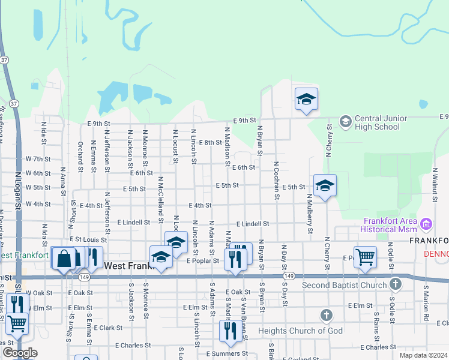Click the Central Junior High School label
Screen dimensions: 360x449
pos(377,122)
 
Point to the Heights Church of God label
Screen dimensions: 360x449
pos(291,331)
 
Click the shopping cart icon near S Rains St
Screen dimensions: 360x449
pos(365,257)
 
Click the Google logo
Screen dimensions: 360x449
pos(20,353)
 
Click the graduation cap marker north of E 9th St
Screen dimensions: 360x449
pos(306,99)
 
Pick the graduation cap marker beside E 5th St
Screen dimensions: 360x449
pos(325,185)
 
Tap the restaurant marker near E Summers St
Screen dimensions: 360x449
pos(231,331)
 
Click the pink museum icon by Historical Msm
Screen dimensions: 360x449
pos(427,225)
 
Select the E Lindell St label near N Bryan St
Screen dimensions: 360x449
pos(252,224)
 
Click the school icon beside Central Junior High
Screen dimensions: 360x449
pos(345,122)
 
